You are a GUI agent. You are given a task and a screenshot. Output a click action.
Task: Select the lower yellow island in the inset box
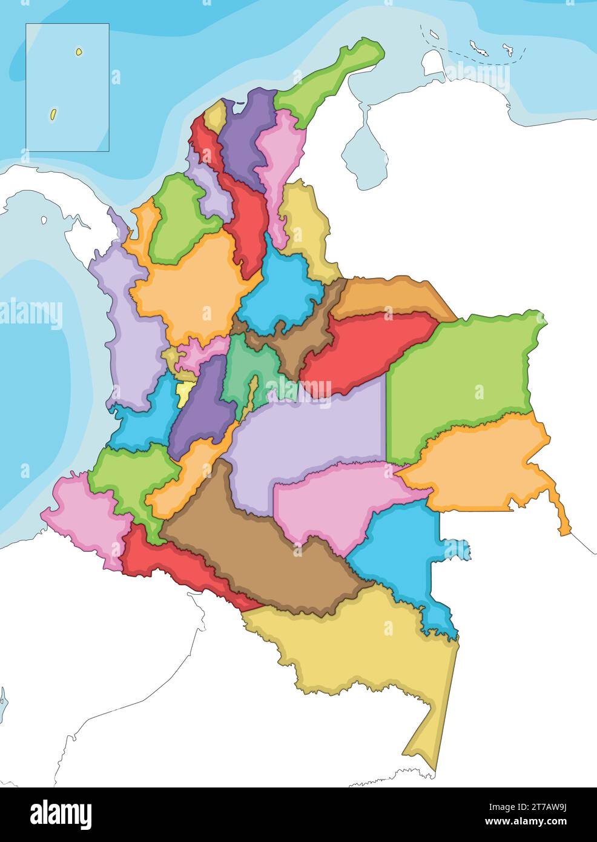[x=53, y=113]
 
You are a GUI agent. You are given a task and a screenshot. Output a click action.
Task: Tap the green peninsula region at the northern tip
[x=327, y=79]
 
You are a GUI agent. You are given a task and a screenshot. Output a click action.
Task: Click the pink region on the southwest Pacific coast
[x=85, y=515]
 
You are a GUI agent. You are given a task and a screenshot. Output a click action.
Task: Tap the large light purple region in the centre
[x=309, y=436]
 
